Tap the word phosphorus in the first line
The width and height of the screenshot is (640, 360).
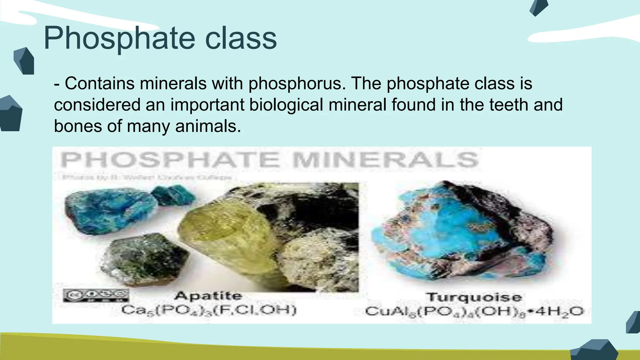coord(297,84)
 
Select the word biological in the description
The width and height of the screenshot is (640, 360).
coord(286,105)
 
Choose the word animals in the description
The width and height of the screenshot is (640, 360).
coord(208,126)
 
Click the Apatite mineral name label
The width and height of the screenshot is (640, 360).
coord(208,296)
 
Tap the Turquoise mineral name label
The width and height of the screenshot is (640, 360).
coord(474,297)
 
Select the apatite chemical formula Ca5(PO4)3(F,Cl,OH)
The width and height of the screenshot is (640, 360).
coord(209,310)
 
